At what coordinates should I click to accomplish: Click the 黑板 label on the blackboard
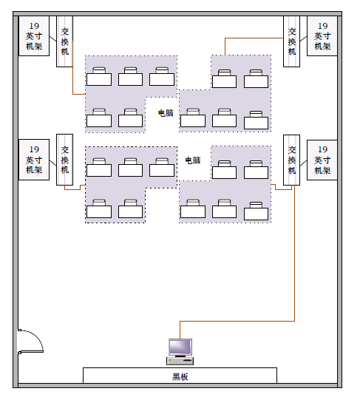click(180, 377)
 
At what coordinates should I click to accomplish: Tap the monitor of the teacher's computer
click(180, 347)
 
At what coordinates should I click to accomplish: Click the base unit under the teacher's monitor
click(180, 361)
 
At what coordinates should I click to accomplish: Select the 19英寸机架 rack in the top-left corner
click(34, 36)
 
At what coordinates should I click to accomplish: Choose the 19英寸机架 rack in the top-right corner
click(322, 36)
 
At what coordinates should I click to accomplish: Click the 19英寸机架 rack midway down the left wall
click(34, 160)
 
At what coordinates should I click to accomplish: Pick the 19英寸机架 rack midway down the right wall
click(322, 160)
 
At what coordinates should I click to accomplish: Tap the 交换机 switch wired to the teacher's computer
click(292, 160)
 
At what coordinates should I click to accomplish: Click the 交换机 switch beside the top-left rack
click(64, 41)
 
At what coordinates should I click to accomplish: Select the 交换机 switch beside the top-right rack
click(292, 41)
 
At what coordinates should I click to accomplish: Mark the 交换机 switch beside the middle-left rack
click(64, 160)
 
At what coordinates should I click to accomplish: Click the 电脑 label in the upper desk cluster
click(166, 113)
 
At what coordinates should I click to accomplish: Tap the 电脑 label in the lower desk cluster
click(193, 160)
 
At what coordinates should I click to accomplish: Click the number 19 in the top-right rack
click(322, 26)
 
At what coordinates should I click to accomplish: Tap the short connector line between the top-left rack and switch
click(53, 38)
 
